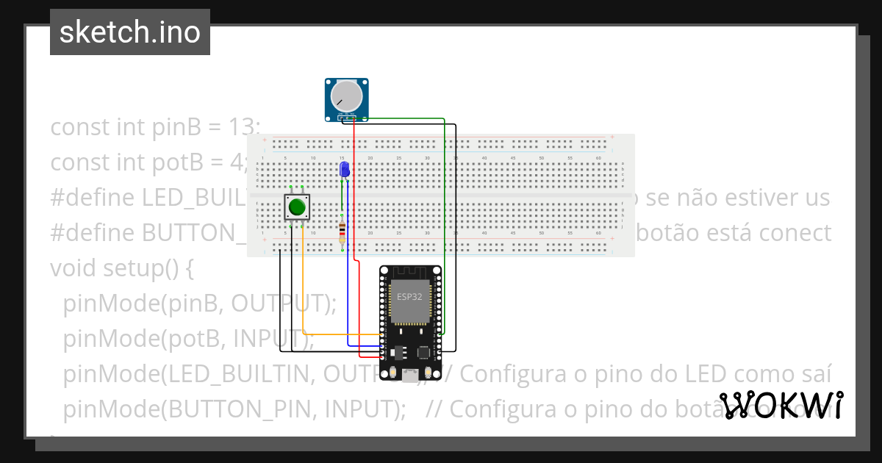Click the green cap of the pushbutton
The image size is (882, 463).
pyautogui.click(x=297, y=207)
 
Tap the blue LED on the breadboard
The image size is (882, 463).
pyautogui.click(x=344, y=170)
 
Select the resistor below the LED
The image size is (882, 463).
pyautogui.click(x=342, y=232)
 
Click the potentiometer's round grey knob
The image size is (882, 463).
pyautogui.click(x=345, y=96)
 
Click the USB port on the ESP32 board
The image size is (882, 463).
pyautogui.click(x=409, y=376)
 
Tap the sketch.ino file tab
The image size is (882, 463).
pyautogui.click(x=130, y=32)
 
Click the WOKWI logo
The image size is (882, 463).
pyautogui.click(x=781, y=405)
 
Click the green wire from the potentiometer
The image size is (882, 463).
pyautogui.click(x=444, y=220)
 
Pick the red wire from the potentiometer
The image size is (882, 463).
pyautogui.click(x=354, y=191)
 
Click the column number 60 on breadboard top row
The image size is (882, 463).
pyautogui.click(x=599, y=159)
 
